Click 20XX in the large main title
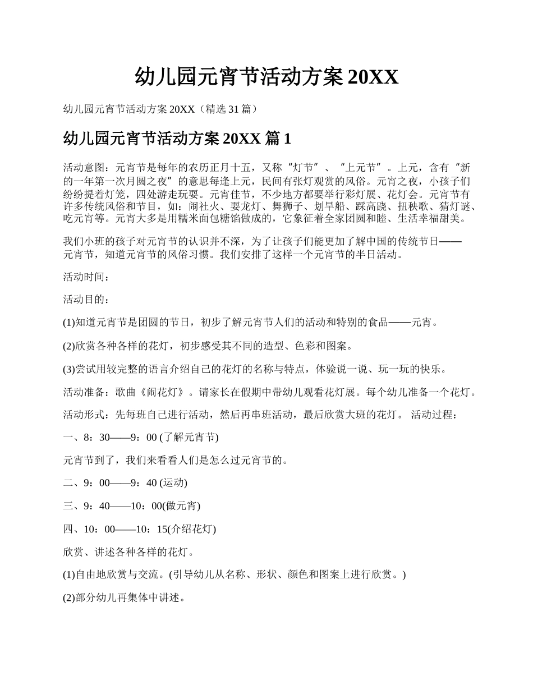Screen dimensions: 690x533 pyautogui.click(x=373, y=77)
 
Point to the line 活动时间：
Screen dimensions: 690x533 pyautogui.click(x=84, y=277)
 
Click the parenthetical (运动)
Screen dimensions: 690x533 pyautogui.click(x=173, y=483)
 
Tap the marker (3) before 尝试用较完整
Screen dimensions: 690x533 pyautogui.click(x=69, y=369)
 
